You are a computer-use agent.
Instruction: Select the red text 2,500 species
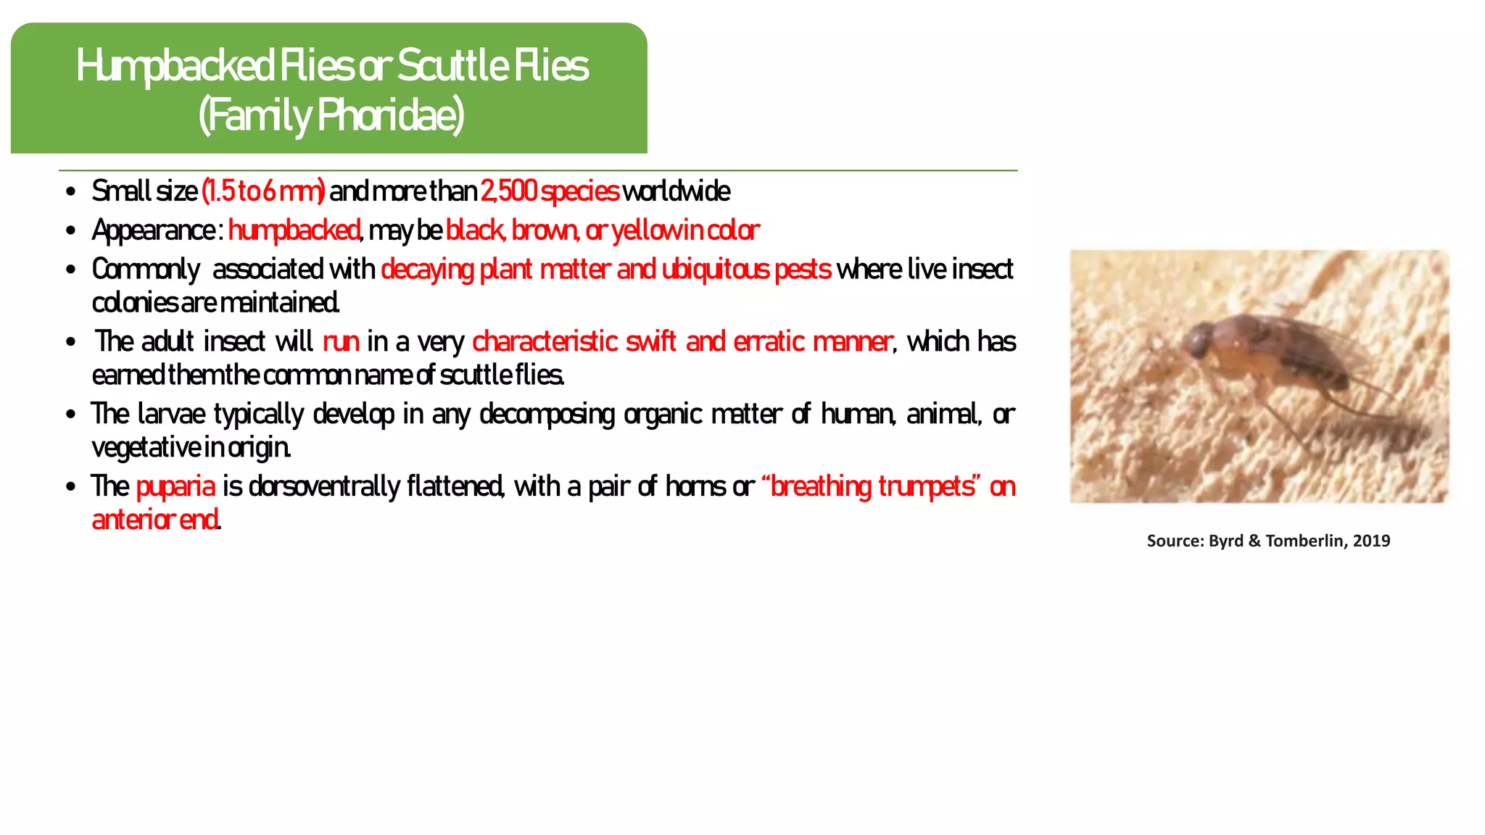pos(550,191)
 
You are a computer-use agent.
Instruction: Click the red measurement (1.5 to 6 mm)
pos(263,191)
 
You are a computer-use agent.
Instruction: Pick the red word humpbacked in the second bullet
pos(294,230)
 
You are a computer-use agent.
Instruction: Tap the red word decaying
pos(427,270)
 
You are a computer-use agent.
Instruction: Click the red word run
pos(341,341)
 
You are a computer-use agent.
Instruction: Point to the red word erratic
pos(769,341)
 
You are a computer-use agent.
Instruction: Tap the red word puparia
pos(175,486)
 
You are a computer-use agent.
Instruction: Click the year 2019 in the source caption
pos(1371,541)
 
